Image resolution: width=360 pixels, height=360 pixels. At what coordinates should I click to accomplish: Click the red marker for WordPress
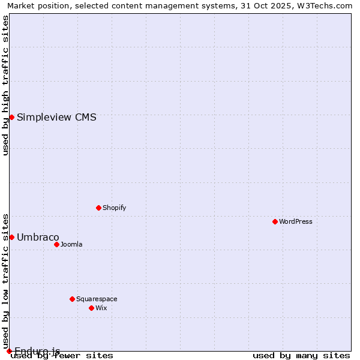[275, 221]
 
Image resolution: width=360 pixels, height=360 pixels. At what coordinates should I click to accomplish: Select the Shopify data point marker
[98, 208]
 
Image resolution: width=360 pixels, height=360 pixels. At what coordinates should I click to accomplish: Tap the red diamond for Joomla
[56, 244]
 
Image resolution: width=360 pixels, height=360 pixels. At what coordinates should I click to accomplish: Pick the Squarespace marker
[72, 299]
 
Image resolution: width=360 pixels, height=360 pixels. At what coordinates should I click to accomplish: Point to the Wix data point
[91, 308]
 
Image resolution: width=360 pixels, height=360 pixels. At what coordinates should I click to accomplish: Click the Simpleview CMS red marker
[11, 117]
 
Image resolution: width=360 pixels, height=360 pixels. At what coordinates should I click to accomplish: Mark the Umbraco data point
[11, 237]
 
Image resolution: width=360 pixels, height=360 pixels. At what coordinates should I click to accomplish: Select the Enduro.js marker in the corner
[9, 351]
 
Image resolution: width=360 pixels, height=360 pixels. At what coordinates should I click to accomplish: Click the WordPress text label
[296, 221]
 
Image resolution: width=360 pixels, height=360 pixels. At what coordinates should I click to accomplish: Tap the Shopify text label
[114, 208]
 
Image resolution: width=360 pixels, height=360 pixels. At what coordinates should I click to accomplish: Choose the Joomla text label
[71, 244]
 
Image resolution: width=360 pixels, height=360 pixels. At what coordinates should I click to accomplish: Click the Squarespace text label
[97, 299]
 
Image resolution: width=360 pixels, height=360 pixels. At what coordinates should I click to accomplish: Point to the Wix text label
[101, 308]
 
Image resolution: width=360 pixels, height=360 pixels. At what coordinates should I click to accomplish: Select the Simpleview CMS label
[56, 117]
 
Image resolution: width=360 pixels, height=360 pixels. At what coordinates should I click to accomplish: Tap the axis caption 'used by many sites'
[301, 356]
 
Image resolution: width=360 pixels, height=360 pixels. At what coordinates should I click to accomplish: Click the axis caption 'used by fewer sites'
[62, 356]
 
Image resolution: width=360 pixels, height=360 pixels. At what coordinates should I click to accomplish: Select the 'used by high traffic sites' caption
[5, 86]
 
